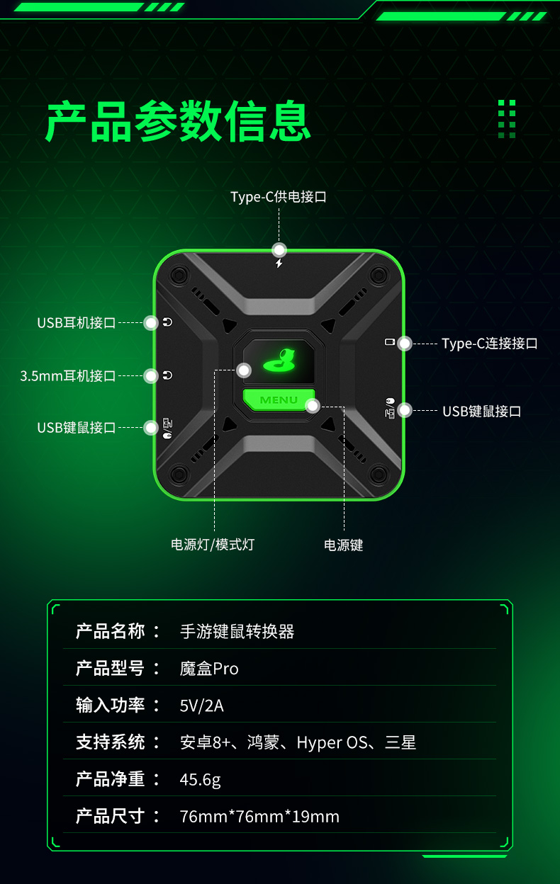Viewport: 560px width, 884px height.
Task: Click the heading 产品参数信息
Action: click(178, 120)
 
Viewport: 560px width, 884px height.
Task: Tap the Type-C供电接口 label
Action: click(279, 196)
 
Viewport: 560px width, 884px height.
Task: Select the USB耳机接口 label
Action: click(77, 323)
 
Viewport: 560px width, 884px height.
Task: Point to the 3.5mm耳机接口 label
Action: click(67, 375)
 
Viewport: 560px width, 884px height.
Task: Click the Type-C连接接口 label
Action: click(490, 344)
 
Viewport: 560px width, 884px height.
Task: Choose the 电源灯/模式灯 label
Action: click(213, 545)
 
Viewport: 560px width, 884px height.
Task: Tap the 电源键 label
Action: click(344, 545)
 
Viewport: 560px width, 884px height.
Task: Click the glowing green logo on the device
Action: click(279, 360)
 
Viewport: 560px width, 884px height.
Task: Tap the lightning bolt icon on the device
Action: click(279, 263)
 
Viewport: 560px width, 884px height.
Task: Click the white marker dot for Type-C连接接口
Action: click(404, 344)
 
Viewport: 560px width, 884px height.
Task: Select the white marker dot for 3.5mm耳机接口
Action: click(151, 375)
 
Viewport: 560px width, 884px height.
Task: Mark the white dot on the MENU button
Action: click(313, 406)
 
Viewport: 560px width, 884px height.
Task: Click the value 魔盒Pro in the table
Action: click(209, 669)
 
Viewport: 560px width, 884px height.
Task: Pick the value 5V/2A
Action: click(201, 705)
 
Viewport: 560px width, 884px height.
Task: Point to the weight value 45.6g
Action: click(200, 780)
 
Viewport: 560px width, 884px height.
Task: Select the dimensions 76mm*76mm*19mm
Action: click(259, 817)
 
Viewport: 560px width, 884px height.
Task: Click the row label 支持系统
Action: click(110, 742)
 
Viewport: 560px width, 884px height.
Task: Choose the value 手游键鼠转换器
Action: click(237, 631)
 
